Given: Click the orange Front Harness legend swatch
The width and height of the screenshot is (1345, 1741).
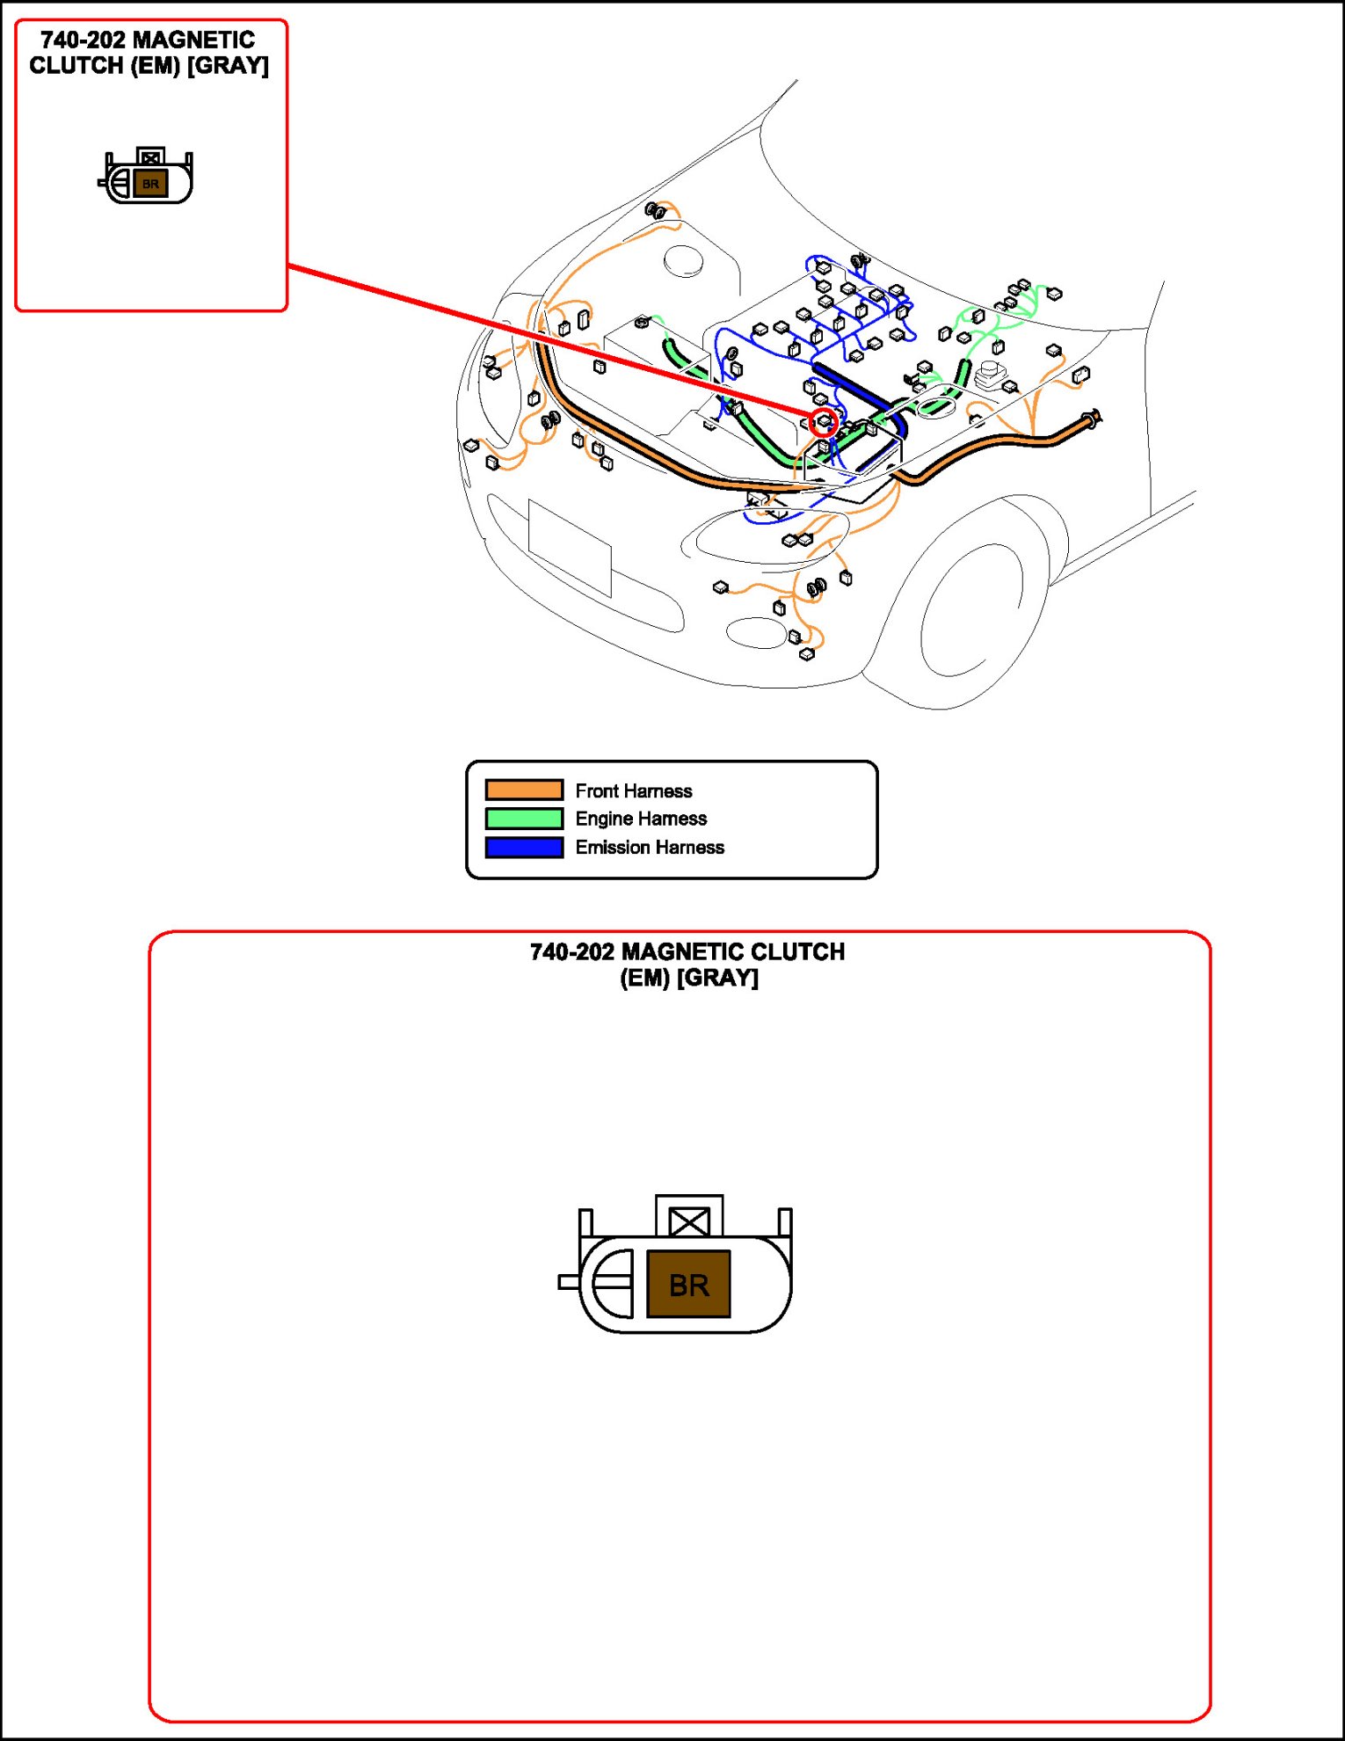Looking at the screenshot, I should click(524, 790).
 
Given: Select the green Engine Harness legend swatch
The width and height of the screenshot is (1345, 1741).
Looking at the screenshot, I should click(524, 819).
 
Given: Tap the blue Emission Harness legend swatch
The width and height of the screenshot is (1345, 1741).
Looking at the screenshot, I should click(524, 848).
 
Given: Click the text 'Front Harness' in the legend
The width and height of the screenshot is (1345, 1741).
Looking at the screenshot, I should click(633, 790).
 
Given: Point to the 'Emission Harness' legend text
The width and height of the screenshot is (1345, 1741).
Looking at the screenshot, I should click(650, 848).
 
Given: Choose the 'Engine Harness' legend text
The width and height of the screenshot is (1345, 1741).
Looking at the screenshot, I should click(641, 819).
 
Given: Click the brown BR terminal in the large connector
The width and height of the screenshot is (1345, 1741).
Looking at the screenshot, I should click(688, 1285).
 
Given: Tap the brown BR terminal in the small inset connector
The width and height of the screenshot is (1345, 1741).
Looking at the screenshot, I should click(150, 184).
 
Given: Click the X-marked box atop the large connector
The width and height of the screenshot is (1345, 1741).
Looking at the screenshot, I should click(689, 1220).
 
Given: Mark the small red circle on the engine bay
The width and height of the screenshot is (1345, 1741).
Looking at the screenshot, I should click(824, 421).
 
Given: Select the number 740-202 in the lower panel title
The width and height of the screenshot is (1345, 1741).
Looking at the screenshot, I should click(571, 952).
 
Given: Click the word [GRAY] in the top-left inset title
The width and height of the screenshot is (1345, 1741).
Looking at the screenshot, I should click(228, 66).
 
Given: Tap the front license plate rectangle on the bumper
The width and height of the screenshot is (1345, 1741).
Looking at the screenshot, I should click(570, 547).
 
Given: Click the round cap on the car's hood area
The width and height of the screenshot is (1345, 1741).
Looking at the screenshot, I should click(683, 260).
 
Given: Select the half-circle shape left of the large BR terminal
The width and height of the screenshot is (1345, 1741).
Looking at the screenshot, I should click(614, 1283).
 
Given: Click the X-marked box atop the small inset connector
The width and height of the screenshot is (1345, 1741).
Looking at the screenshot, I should click(150, 157).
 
